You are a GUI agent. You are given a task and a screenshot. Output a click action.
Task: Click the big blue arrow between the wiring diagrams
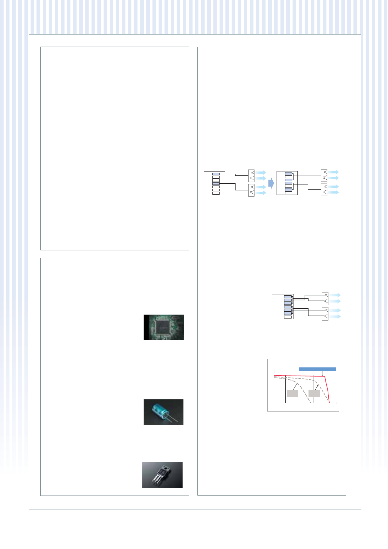[x=271, y=183]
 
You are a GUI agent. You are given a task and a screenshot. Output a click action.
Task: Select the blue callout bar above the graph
[x=317, y=369]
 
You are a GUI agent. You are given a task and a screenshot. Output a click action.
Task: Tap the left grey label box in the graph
[x=292, y=393]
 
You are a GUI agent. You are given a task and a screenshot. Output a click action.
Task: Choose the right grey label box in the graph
[x=314, y=393]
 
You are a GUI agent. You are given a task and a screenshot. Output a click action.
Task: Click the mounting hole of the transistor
[x=166, y=469]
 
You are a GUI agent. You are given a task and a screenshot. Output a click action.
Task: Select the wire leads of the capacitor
[x=172, y=419]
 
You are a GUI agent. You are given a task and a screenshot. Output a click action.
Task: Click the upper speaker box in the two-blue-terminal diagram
[x=251, y=175]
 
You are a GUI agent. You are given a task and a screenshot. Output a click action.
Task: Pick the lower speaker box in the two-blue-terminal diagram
[x=251, y=190]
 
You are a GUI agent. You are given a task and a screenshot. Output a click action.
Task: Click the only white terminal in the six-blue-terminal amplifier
[x=288, y=317]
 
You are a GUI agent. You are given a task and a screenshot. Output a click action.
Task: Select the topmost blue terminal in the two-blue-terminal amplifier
[x=216, y=174]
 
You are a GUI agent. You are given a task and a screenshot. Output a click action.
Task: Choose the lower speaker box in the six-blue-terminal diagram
[x=325, y=314]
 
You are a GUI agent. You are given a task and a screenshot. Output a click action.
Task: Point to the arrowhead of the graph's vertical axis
[x=274, y=372]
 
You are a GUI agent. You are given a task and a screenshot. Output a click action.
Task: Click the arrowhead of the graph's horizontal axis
[x=336, y=403]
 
